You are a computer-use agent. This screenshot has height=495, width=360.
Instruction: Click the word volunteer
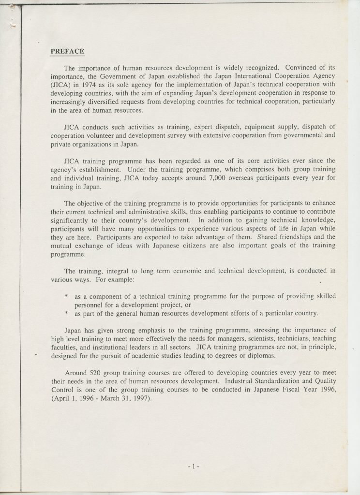coord(104,136)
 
